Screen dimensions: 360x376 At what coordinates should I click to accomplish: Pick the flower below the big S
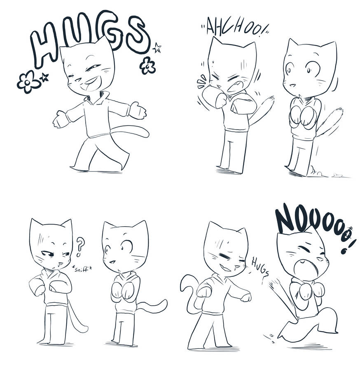click(147, 65)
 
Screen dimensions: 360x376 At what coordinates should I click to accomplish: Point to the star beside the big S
click(157, 47)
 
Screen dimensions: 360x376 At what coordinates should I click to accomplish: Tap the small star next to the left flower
click(44, 77)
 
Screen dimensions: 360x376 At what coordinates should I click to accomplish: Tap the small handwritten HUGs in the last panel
click(260, 266)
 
